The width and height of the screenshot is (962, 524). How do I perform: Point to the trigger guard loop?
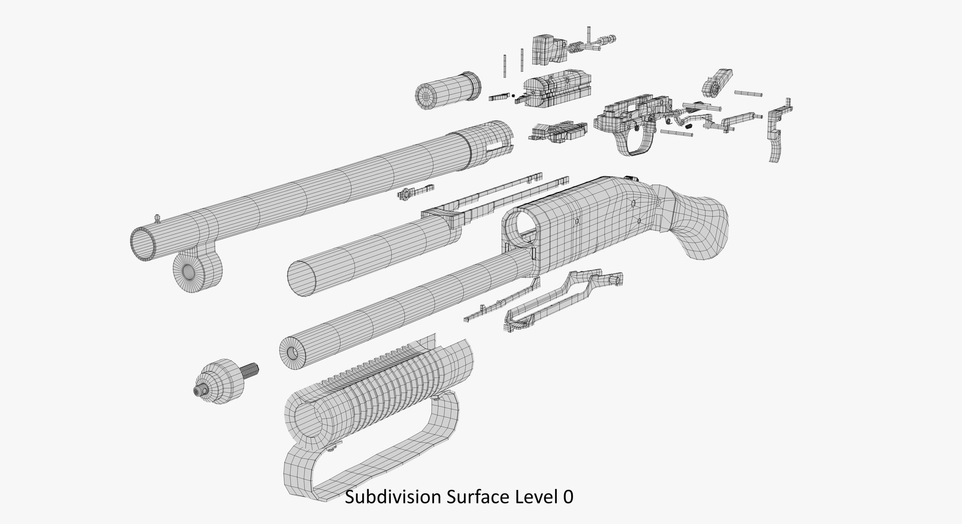point(636,143)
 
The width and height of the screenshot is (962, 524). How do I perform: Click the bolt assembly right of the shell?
point(556,90)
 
